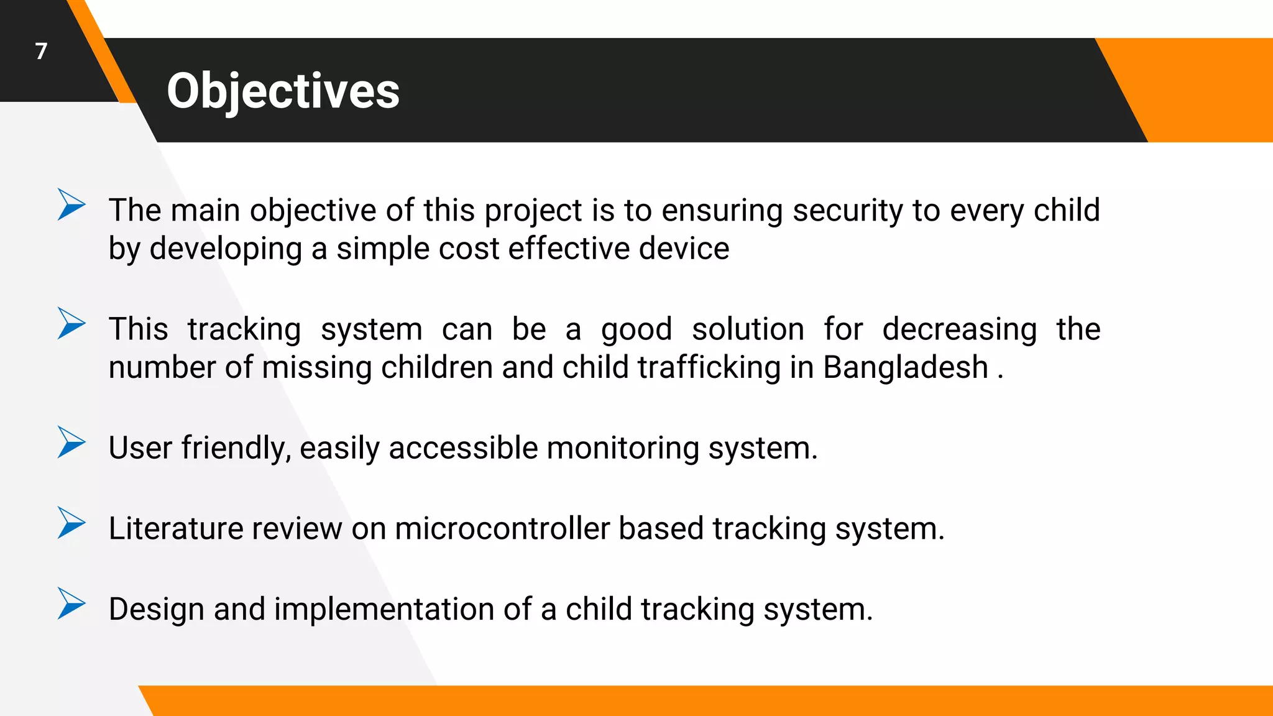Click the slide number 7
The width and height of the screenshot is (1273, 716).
point(41,51)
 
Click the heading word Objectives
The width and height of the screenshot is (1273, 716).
point(283,91)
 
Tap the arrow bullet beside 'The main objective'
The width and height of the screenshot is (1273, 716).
point(71,204)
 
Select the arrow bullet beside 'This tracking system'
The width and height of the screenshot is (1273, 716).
point(71,323)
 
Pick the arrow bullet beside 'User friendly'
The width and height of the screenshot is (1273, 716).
point(71,442)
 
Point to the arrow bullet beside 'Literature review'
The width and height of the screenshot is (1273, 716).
point(71,523)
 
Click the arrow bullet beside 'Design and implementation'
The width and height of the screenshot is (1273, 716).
point(71,604)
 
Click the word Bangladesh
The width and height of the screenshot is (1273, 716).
point(905,367)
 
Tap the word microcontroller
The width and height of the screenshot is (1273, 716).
point(502,529)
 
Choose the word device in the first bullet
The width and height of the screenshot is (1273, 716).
point(684,249)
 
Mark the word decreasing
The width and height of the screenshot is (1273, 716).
point(959,329)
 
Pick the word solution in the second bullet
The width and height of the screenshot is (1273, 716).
point(748,329)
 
